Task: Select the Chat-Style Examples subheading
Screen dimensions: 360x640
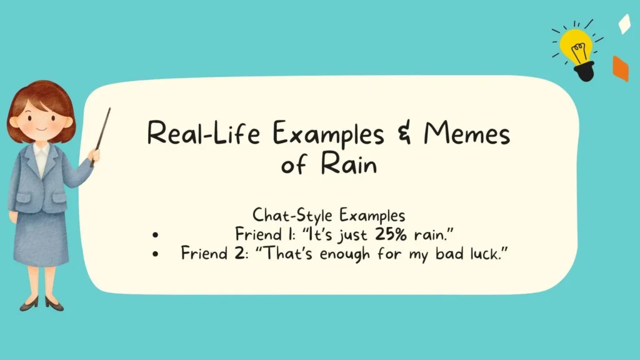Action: pos(329,215)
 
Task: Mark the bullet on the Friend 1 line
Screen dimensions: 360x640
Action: pos(155,236)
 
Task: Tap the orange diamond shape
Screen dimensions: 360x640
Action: pos(620,68)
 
